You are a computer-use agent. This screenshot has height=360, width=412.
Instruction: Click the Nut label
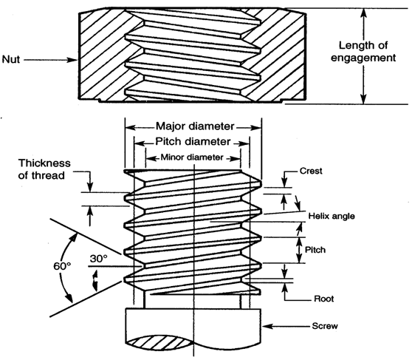click(11, 59)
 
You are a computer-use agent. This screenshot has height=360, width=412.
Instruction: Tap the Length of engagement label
click(363, 51)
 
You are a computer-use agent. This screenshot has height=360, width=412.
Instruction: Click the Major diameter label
click(195, 126)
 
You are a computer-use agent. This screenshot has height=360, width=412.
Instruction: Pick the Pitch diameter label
click(193, 142)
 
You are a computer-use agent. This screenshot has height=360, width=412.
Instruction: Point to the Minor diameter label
click(192, 157)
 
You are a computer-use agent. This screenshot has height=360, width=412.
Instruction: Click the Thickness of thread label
click(44, 169)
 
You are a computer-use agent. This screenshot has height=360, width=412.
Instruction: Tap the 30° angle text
click(99, 259)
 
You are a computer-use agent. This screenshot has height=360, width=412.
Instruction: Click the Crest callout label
click(311, 171)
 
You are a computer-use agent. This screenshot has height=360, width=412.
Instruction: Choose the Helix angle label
click(332, 216)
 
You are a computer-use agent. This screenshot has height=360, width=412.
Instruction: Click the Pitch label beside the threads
click(315, 249)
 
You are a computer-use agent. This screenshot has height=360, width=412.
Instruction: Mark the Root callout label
click(323, 299)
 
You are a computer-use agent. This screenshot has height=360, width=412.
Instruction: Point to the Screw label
click(325, 326)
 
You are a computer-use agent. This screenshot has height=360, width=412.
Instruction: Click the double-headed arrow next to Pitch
click(299, 251)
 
